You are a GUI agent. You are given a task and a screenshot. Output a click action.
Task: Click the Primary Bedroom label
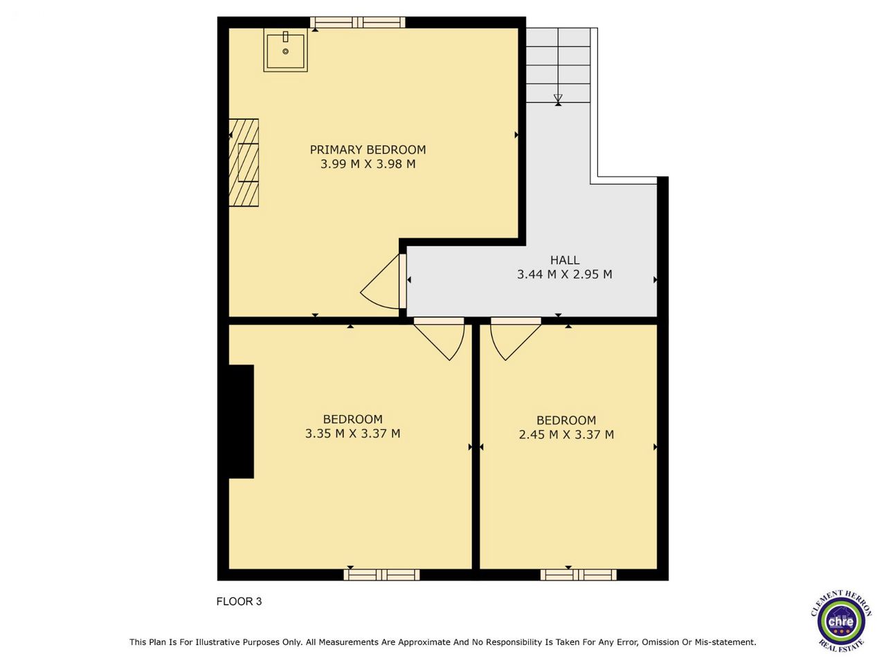click(x=368, y=150)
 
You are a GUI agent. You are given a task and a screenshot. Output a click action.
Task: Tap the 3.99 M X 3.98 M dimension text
click(x=368, y=164)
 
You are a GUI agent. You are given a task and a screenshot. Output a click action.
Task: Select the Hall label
click(x=565, y=260)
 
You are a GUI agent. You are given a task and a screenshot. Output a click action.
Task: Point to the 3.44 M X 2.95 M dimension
click(x=565, y=274)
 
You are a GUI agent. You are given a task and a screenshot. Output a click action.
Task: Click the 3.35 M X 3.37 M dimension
click(x=352, y=434)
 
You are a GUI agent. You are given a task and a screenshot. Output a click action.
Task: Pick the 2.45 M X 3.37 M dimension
click(x=566, y=435)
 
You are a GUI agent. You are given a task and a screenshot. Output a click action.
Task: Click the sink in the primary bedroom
click(x=286, y=50)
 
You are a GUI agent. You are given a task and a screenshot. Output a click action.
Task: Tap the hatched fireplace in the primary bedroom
click(x=244, y=163)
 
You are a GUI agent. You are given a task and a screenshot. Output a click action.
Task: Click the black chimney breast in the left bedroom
click(x=242, y=422)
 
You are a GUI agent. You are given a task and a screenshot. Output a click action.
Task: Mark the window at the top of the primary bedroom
click(x=358, y=23)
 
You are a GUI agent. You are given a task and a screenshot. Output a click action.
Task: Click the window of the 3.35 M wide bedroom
click(x=382, y=574)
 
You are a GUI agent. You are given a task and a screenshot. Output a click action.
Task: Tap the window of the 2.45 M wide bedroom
click(x=579, y=574)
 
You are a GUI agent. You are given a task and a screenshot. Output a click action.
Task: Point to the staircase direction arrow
click(x=558, y=100)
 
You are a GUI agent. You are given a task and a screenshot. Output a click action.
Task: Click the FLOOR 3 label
click(x=239, y=601)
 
